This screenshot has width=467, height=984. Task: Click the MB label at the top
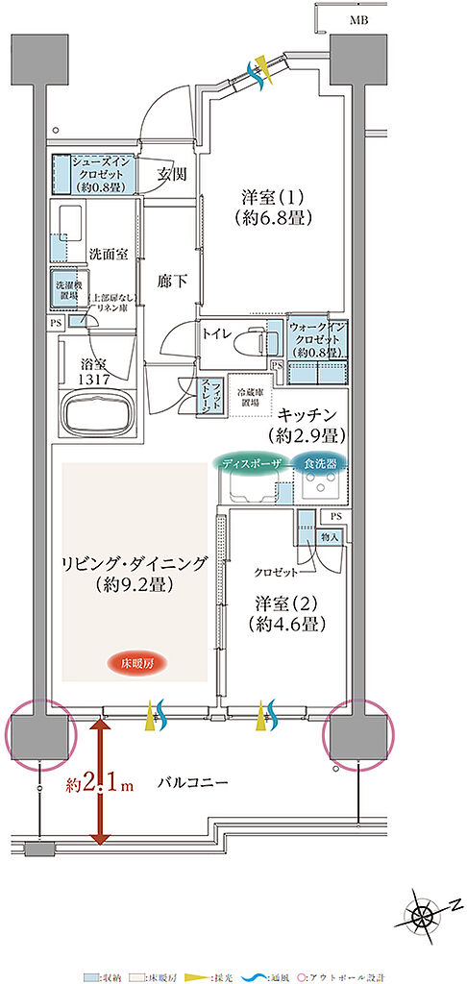pos(357,19)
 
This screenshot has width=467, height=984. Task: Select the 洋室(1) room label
pos(273,208)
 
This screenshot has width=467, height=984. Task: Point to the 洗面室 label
pos(109,255)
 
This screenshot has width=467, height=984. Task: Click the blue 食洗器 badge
pos(321,462)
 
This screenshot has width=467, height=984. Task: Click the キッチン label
pos(310,423)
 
